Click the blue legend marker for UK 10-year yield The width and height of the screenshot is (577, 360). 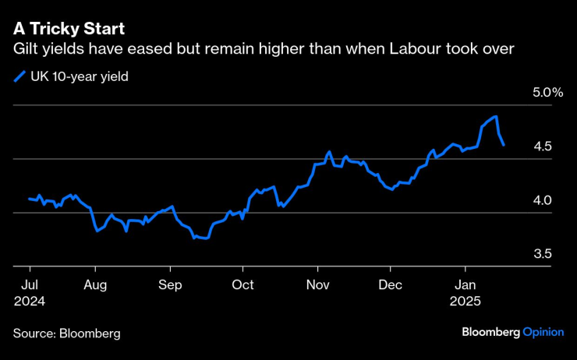19,76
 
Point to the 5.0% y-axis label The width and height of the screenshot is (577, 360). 547,93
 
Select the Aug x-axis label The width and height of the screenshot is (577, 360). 95,284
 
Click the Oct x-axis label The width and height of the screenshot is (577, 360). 242,284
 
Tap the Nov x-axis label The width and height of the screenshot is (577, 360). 317,284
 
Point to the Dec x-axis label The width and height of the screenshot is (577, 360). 391,284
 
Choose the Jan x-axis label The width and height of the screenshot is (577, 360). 465,284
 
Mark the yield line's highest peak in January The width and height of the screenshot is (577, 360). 496,116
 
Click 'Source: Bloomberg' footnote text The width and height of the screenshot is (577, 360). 67,334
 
